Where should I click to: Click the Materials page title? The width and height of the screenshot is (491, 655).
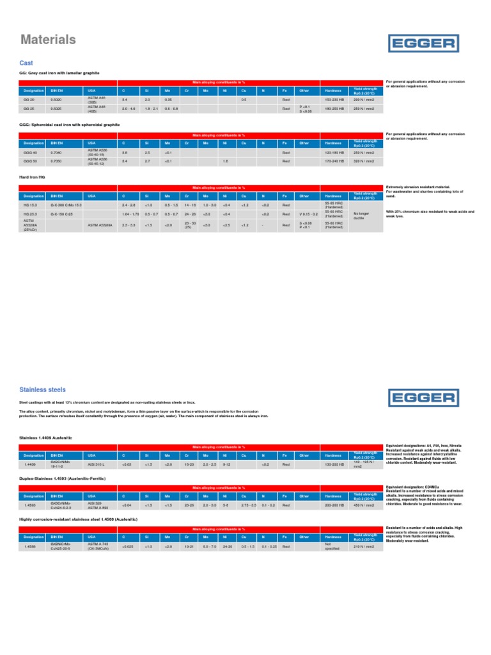tap(48, 40)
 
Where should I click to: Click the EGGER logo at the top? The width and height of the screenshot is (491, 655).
tap(424, 43)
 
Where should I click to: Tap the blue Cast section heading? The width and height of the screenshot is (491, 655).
tap(26, 63)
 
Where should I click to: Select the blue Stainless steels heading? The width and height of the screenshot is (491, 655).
tap(43, 389)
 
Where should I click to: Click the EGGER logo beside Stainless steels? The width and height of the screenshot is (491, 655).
tap(424, 398)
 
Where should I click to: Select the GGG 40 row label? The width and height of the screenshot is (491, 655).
tap(31, 153)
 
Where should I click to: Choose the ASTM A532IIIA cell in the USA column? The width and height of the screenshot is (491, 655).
tap(100, 225)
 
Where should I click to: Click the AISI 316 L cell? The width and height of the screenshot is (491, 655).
tap(97, 464)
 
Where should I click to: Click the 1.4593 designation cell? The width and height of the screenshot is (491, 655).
tap(31, 505)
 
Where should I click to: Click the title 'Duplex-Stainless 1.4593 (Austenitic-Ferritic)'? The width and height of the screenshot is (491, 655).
tap(62, 478)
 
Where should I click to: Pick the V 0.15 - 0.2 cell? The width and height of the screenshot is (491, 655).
tap(308, 214)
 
